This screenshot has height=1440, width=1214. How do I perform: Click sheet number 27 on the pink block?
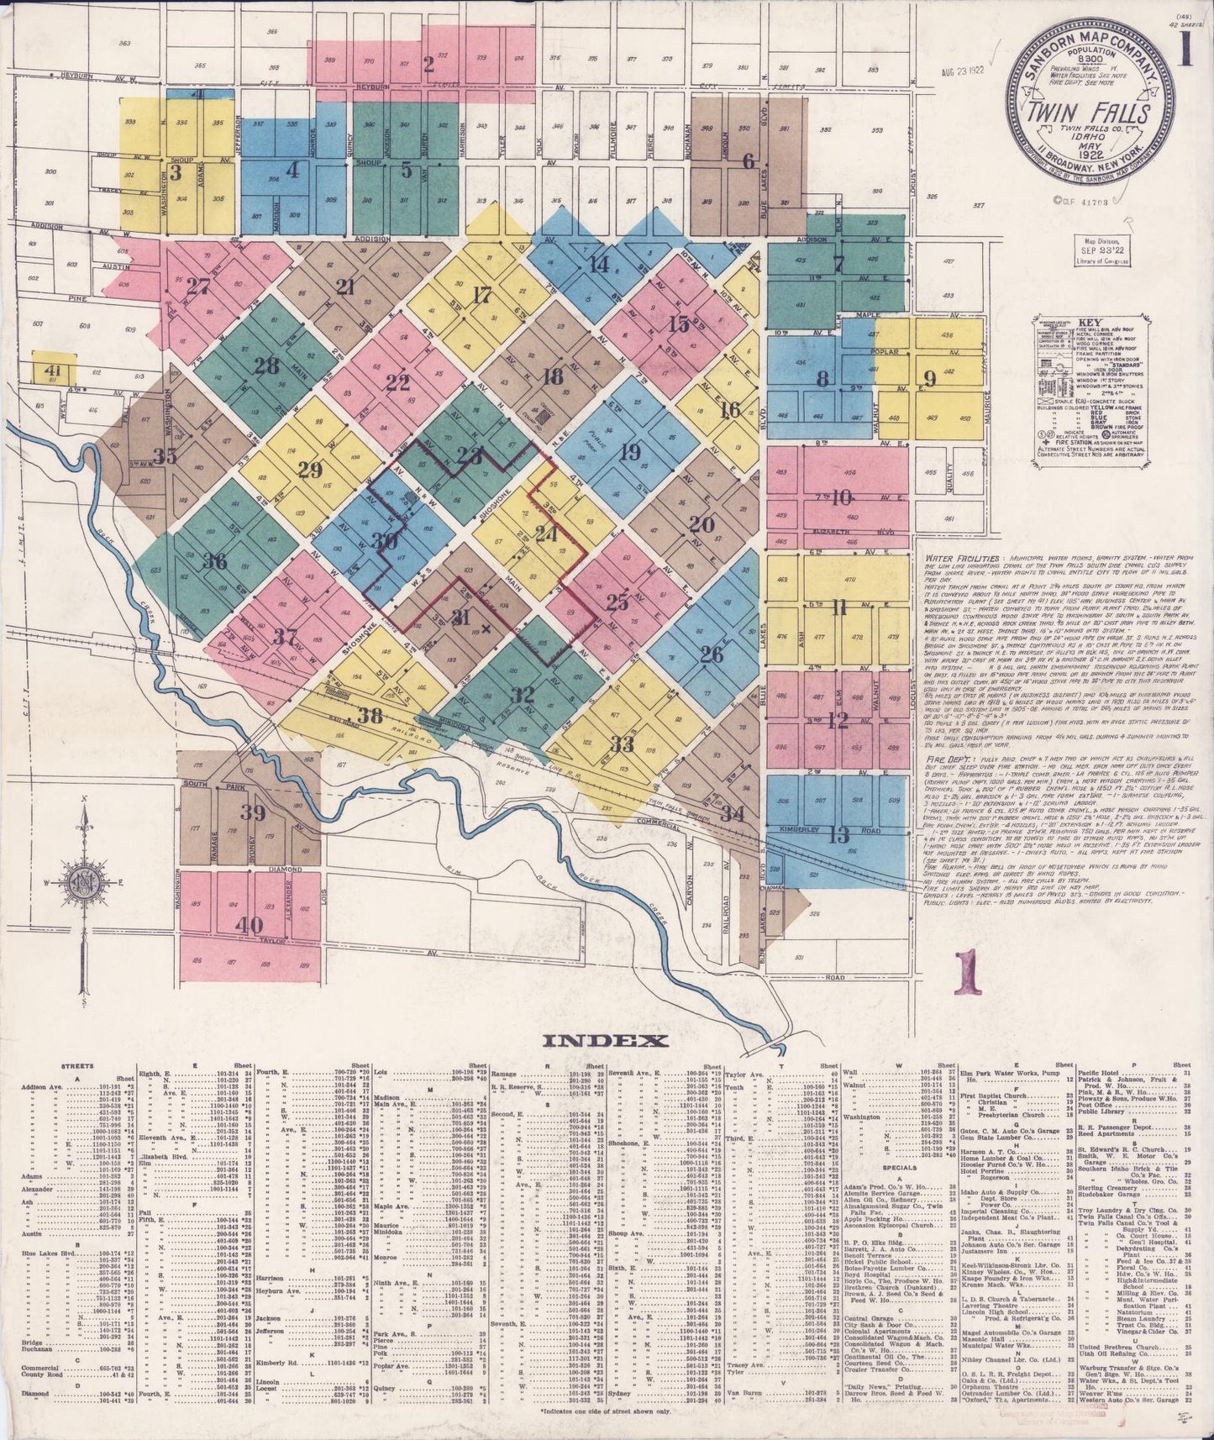coord(198,286)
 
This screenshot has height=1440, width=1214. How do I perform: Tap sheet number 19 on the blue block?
coord(630,453)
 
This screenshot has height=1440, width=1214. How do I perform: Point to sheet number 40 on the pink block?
coord(249,924)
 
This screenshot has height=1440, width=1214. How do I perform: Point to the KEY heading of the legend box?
coord(1090,323)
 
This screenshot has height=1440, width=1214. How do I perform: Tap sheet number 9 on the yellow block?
coord(928,379)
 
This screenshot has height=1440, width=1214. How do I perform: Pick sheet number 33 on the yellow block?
coord(622,744)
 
